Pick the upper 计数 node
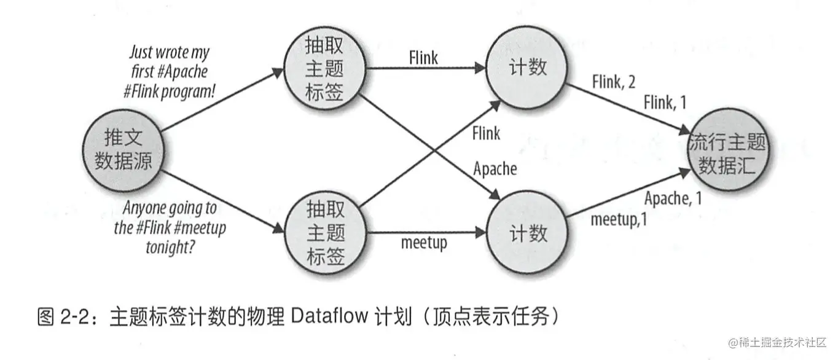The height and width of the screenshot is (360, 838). pyautogui.click(x=528, y=67)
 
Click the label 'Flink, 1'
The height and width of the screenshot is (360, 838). pyautogui.click(x=665, y=103)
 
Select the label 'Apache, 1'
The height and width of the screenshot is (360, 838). pyautogui.click(x=673, y=198)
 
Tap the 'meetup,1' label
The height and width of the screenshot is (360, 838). pyautogui.click(x=619, y=219)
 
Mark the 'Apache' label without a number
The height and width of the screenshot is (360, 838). pyautogui.click(x=495, y=168)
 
